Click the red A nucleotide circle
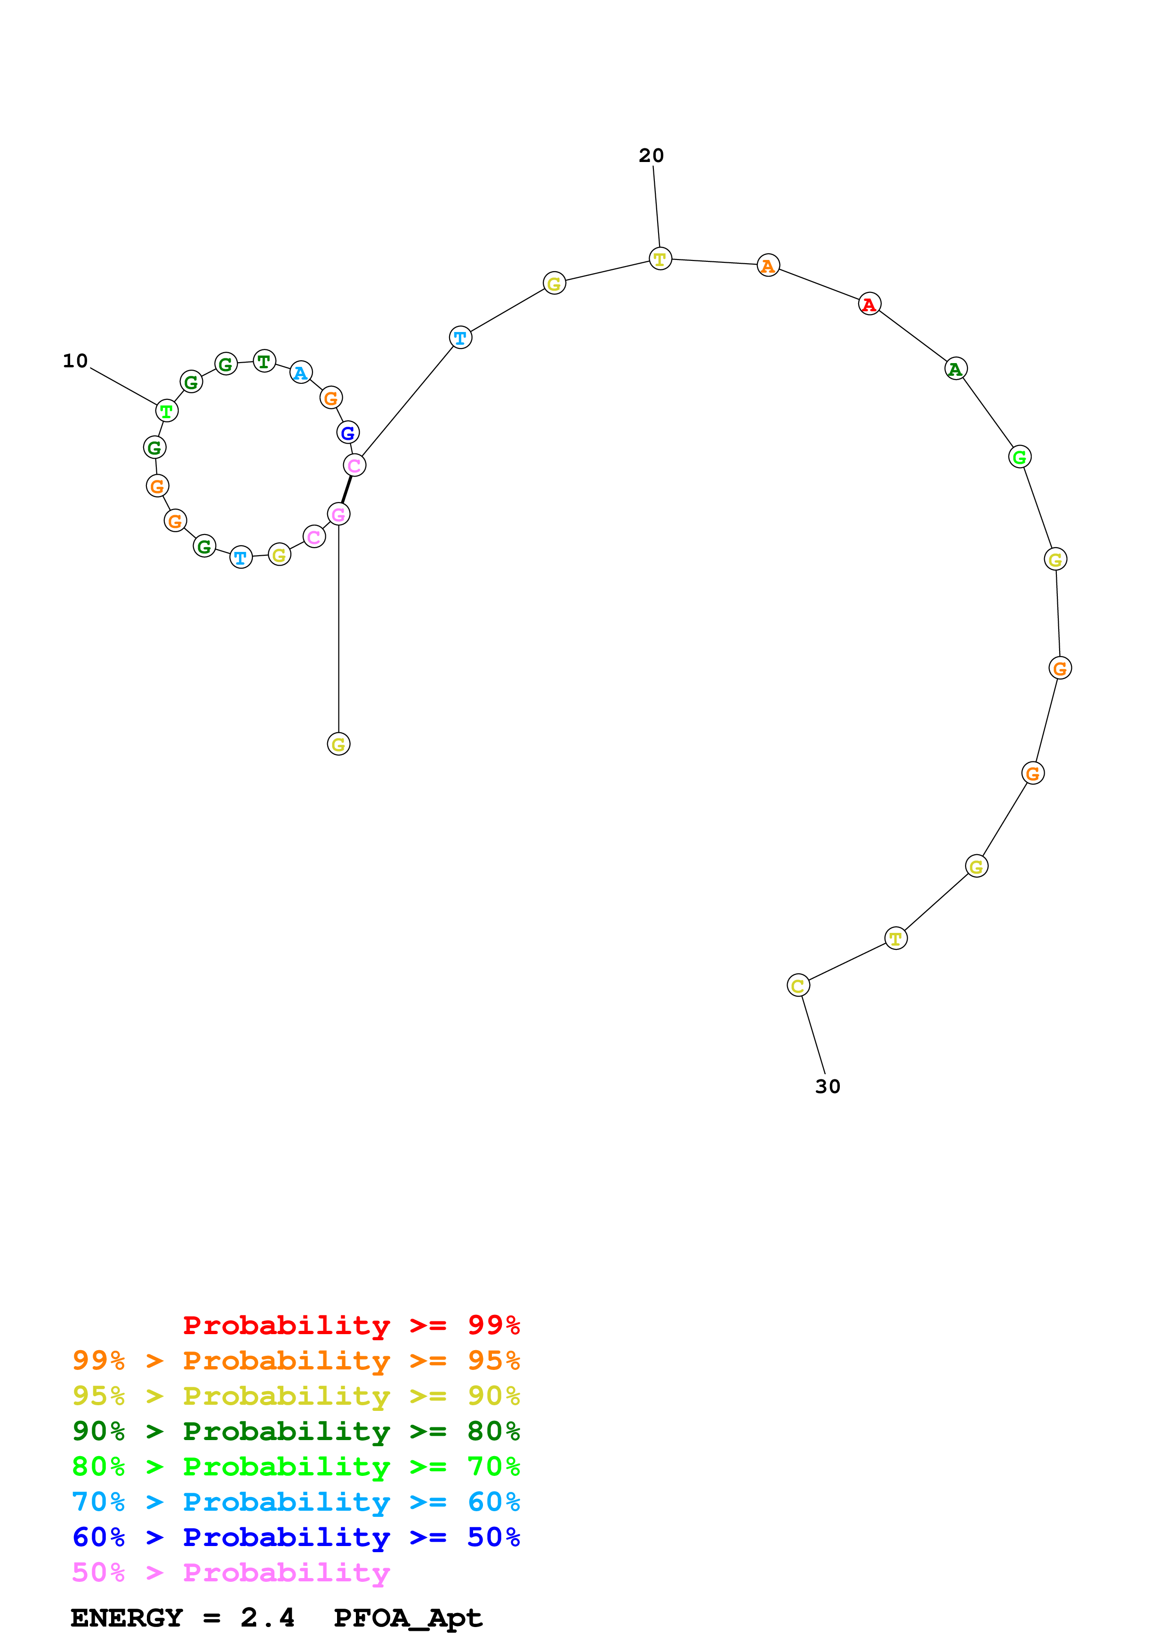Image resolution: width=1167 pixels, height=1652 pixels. (869, 304)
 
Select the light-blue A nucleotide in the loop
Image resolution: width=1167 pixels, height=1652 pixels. (300, 373)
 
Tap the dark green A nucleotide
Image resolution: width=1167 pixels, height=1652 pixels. (955, 369)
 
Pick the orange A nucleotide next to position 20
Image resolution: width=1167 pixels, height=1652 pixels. (768, 266)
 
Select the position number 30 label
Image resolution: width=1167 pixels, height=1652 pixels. (828, 1086)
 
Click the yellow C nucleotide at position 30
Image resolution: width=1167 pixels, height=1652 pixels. (798, 986)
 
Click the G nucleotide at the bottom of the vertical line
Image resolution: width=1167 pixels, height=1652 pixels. (338, 744)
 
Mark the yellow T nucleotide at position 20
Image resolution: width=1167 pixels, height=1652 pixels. (660, 259)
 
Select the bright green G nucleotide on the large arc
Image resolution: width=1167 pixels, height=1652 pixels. (1020, 457)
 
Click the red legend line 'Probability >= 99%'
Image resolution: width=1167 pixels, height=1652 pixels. (351, 1325)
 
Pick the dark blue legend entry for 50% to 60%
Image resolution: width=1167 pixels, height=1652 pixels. (296, 1537)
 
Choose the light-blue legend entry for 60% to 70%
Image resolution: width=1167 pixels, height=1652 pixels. (296, 1502)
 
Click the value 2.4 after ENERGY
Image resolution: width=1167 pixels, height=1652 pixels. (267, 1618)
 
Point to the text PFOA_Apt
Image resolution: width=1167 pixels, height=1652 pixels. (408, 1618)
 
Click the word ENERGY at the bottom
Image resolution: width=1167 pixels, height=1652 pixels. (127, 1618)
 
